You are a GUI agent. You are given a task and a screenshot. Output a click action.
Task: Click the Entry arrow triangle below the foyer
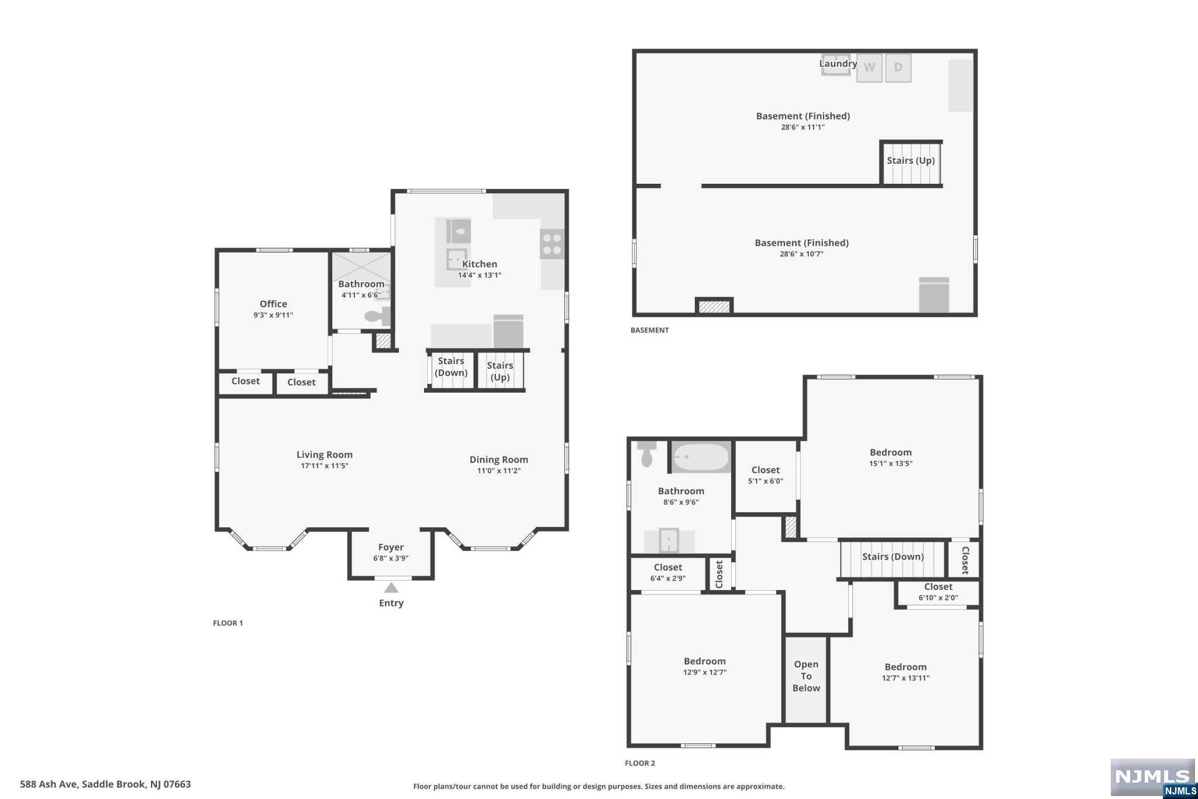point(391,588)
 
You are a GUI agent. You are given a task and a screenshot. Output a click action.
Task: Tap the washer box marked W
point(869,68)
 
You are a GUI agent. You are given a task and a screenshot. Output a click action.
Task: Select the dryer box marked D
point(898,68)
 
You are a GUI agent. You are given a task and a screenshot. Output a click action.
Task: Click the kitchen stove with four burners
point(552,244)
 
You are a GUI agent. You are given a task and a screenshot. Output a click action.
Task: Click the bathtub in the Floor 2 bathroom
point(701,457)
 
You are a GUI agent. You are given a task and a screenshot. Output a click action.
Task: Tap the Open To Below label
point(806,676)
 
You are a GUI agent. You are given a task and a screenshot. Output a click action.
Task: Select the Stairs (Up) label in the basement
point(910,160)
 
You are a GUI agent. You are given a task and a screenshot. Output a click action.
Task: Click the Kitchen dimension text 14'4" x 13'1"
point(480,275)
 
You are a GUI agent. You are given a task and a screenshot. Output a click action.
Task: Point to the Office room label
point(273,304)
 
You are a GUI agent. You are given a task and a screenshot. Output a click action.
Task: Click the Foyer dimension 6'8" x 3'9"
point(391,558)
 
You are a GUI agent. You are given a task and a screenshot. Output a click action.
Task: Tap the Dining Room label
point(498,459)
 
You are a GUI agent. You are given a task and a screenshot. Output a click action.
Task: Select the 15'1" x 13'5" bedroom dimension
point(890,464)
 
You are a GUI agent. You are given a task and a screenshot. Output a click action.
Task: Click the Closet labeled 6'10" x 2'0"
point(938,592)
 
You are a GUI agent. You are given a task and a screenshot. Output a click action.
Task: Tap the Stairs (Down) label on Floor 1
point(451,367)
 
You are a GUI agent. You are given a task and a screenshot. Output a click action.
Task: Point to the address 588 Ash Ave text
point(105,784)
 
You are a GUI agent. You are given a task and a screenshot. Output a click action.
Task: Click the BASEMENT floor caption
point(649,330)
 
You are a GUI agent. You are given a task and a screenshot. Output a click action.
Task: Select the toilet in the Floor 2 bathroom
point(646,454)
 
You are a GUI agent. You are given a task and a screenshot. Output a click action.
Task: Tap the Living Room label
point(324,455)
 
